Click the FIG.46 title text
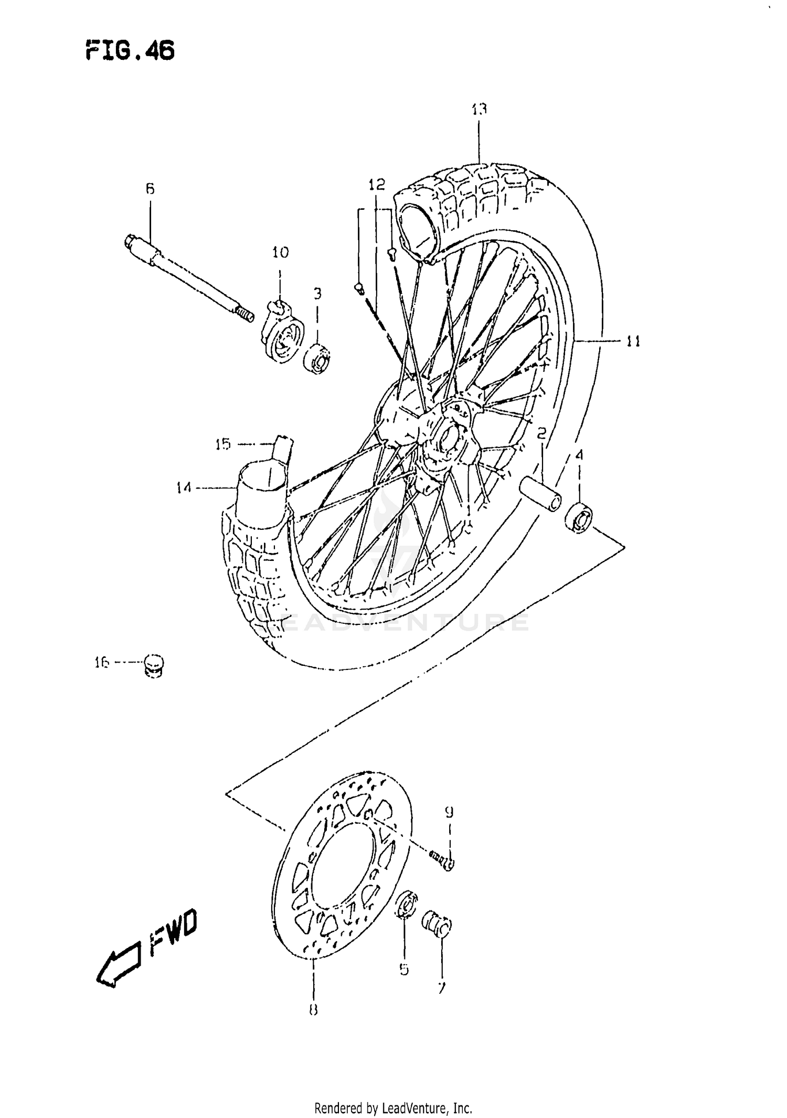(130, 51)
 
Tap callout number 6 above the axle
(150, 189)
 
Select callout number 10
(280, 253)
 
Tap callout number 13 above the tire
(478, 109)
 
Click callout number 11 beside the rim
(633, 342)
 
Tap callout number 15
(222, 445)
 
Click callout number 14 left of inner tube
(184, 488)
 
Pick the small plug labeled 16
(153, 666)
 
